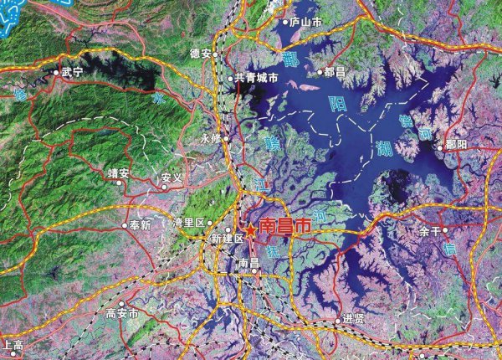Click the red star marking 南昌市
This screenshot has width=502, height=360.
pos(249,227)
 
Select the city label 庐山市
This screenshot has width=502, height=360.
pos(305,23)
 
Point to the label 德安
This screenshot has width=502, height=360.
pos(200,53)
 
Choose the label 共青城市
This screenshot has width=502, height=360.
pos(256,79)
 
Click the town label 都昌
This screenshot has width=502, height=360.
pos(334,73)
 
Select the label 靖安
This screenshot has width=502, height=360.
pos(118,173)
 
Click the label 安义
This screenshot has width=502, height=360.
pos(172,178)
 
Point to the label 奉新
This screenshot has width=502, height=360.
pos(140,224)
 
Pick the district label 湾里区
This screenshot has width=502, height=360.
pos(188,223)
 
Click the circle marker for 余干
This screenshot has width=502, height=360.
pos(445,230)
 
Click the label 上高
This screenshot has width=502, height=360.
pos(13,344)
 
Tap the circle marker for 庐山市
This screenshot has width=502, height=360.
pos(284,23)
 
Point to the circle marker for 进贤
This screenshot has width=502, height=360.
pos(336,319)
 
